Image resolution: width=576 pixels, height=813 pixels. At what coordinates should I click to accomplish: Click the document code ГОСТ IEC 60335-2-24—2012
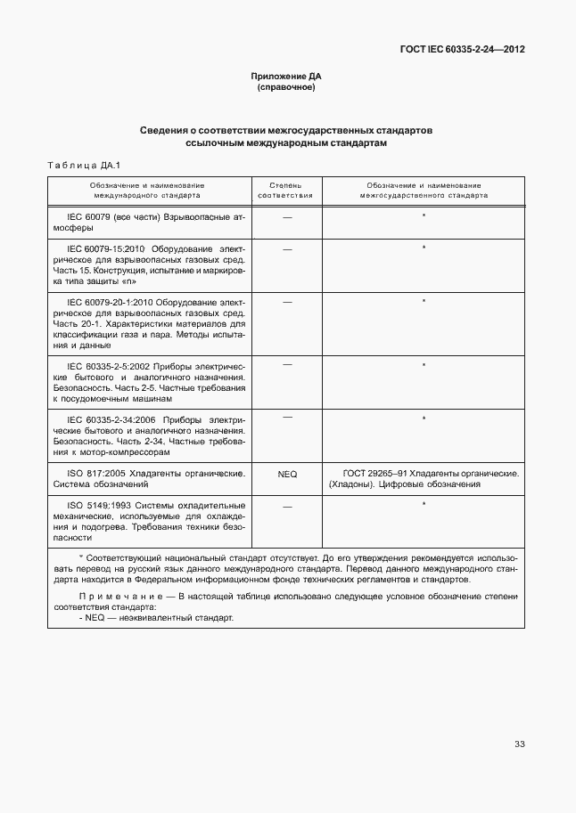(462, 50)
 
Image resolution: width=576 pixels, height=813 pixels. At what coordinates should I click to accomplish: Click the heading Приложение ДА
(286, 77)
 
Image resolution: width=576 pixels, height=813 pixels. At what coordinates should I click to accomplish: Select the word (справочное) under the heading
(286, 88)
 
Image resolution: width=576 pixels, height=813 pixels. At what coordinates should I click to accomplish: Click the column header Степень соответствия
(286, 189)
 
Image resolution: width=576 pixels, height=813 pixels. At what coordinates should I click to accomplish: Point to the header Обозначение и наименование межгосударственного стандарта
(424, 189)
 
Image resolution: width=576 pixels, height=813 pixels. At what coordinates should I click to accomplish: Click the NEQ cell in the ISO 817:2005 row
(287, 475)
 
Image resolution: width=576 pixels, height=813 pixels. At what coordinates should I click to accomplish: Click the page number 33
(520, 744)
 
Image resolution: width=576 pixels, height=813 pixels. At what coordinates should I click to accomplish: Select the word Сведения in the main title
(167, 130)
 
